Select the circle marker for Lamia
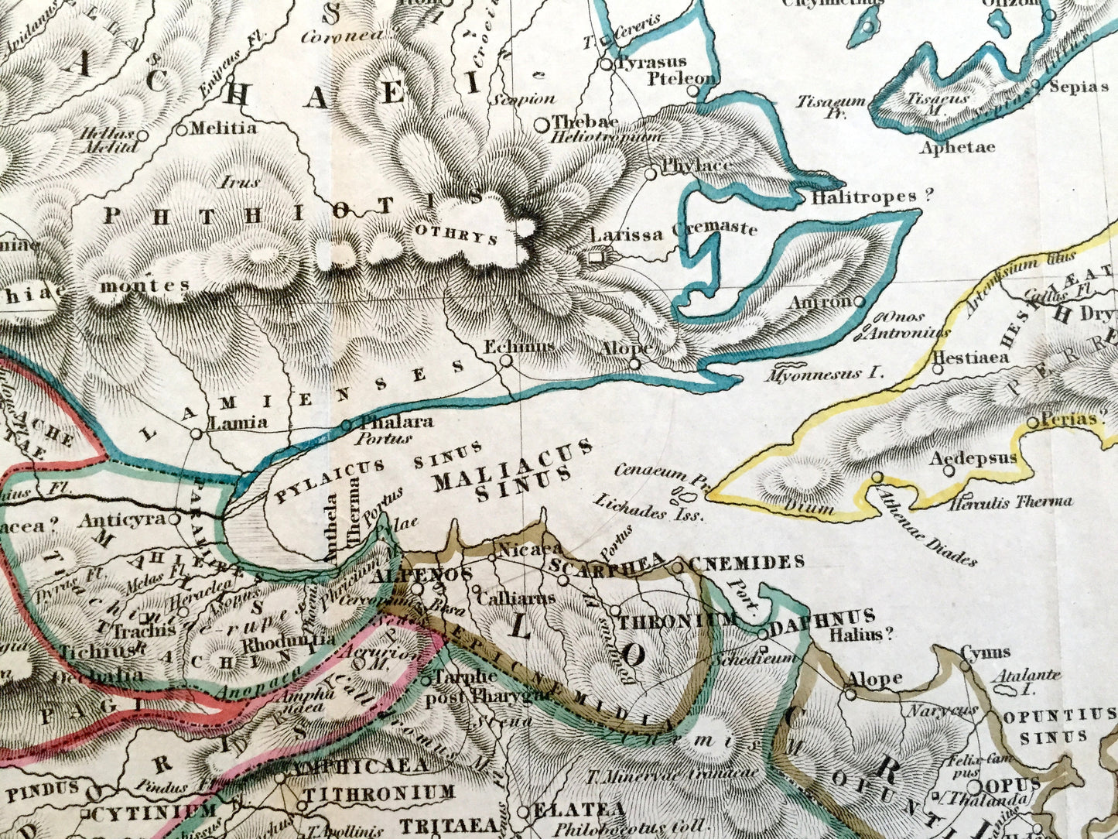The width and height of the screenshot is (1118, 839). tap(197, 434)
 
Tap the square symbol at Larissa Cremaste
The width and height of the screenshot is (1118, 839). tap(596, 255)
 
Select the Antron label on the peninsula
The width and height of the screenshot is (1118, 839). tap(819, 301)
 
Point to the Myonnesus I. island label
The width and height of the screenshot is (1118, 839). tap(824, 373)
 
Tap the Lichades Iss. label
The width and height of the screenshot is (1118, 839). tap(648, 509)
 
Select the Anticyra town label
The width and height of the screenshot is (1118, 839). tap(122, 519)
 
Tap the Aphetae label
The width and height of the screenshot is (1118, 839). tap(957, 147)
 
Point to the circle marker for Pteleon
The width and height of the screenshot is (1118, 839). tap(692, 91)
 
